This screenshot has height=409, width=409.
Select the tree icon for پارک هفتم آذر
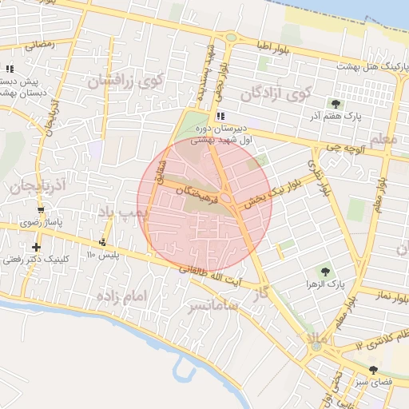click(336, 103)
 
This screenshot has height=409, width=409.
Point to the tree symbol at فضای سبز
click(374, 369)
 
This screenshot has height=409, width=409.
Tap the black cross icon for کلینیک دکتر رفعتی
click(36, 247)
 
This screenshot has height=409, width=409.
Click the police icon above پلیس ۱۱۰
click(102, 242)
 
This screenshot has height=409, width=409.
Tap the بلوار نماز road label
click(391, 296)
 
